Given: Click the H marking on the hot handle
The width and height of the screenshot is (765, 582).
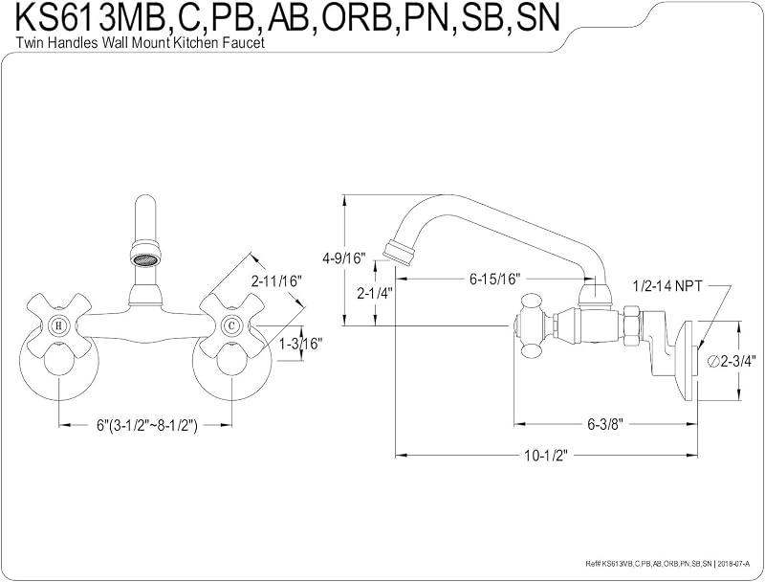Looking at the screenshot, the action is click(x=59, y=325).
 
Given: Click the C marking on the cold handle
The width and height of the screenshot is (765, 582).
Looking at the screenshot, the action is click(x=231, y=325).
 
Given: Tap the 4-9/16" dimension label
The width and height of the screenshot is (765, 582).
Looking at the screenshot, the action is click(x=343, y=258).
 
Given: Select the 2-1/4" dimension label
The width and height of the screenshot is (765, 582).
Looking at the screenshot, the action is click(x=375, y=294).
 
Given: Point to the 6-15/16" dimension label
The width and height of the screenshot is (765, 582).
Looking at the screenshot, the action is click(x=495, y=280).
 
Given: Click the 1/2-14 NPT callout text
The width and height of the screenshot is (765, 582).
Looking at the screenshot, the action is click(x=667, y=286).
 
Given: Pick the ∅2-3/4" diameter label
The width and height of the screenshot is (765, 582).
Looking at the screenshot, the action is click(x=731, y=362).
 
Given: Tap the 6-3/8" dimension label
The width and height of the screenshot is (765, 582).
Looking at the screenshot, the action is click(x=606, y=424).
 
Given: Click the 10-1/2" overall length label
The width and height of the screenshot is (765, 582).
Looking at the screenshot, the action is click(x=546, y=456).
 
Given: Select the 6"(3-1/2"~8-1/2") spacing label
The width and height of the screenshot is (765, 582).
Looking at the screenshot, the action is click(x=146, y=425).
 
